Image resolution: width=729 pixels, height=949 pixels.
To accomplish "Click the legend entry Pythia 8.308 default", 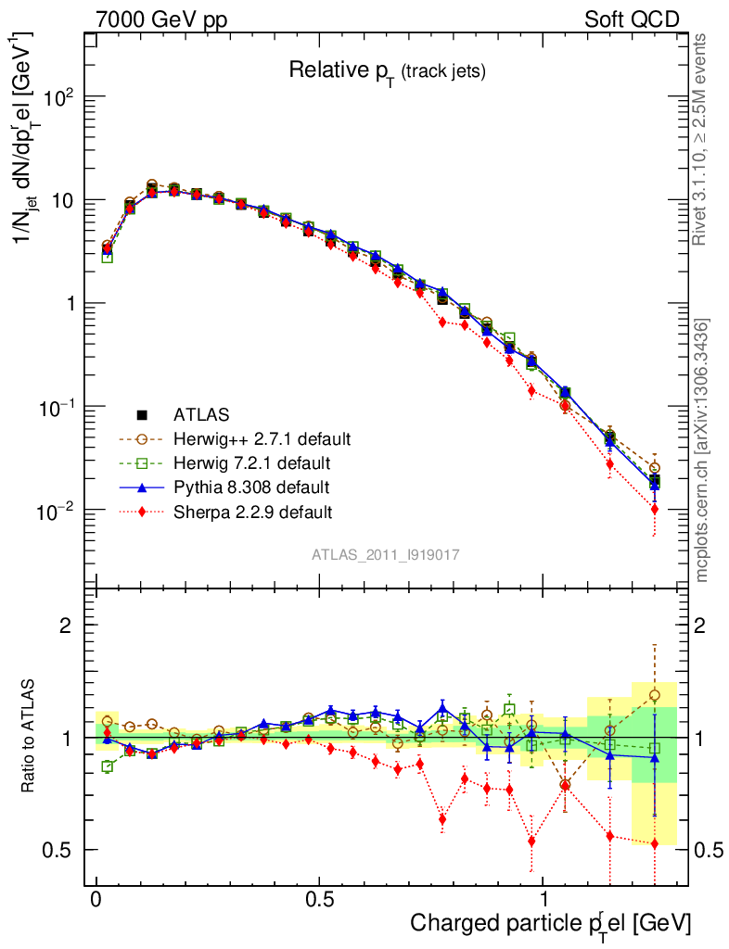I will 251,486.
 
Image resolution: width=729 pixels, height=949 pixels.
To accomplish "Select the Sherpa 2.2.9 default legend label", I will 252,511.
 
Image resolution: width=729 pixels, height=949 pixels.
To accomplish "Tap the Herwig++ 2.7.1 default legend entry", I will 262,437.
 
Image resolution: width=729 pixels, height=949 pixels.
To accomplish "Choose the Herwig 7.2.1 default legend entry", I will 252,462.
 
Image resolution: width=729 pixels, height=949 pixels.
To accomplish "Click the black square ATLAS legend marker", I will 143,413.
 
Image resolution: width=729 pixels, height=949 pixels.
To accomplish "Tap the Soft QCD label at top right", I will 632,19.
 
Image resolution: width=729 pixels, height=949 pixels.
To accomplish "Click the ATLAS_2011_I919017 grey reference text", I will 386,554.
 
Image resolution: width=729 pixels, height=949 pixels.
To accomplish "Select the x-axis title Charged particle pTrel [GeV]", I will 550,923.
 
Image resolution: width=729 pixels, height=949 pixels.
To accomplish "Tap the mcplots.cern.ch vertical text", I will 702,450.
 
